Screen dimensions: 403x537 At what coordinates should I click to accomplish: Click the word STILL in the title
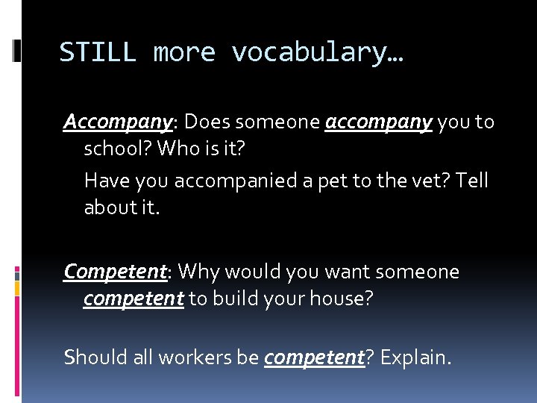click(97, 53)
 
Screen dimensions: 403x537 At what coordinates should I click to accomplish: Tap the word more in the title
click(184, 53)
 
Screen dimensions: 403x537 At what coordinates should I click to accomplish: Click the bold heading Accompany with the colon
click(120, 122)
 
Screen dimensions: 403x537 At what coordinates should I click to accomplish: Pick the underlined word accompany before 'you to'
click(379, 122)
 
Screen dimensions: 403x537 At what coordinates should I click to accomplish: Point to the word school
click(115, 149)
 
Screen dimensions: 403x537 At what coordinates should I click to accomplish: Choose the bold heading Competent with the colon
click(118, 272)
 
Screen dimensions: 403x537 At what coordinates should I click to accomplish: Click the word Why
click(198, 272)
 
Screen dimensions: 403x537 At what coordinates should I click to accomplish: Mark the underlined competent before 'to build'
click(134, 299)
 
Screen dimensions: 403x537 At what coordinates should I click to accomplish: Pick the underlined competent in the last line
click(314, 357)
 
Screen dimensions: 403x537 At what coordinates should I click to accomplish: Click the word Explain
click(414, 357)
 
